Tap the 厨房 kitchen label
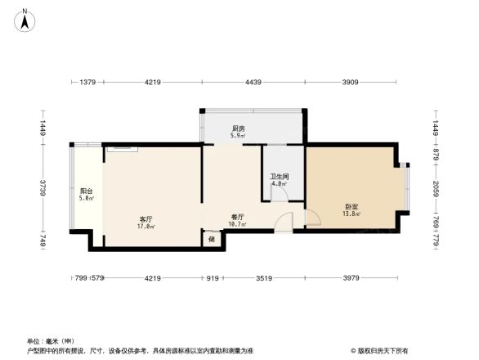(238, 128)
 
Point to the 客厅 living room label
(146, 219)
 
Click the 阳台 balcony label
(86, 191)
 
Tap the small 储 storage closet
(212, 240)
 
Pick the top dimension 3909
(350, 82)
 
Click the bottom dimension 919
(212, 279)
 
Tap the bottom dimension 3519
(262, 279)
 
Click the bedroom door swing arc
(311, 218)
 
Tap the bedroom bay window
(405, 189)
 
